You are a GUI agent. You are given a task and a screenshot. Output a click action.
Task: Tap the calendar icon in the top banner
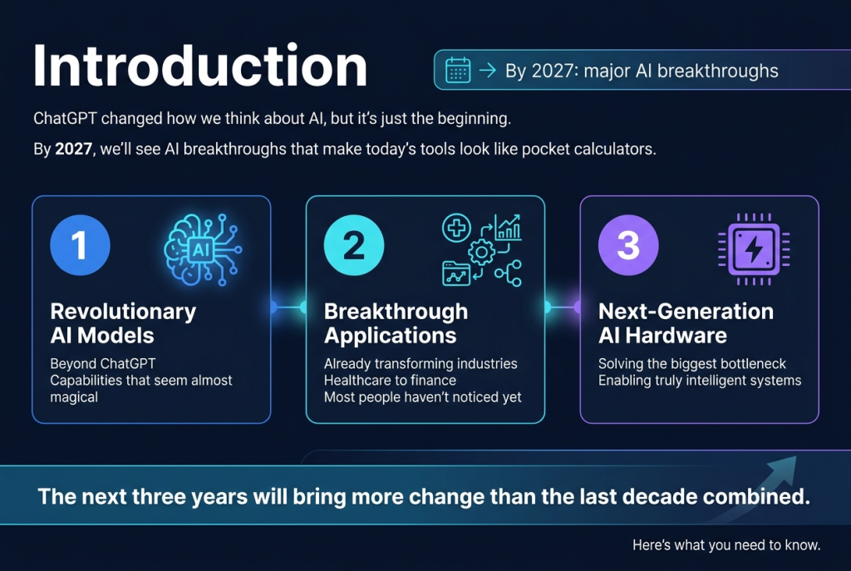458,70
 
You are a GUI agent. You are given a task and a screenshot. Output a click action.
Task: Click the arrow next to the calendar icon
487,70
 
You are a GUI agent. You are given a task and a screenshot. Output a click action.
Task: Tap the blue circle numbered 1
80,247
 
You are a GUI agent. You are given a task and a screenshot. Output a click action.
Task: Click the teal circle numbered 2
354,247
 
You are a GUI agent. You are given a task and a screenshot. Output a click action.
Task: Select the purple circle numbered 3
628,247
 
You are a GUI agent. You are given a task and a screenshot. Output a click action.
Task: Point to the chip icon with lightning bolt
754,249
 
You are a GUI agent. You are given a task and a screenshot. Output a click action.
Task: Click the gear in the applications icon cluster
481,252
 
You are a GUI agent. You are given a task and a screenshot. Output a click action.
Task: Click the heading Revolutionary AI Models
123,323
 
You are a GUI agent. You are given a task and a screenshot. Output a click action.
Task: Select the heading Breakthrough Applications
396,323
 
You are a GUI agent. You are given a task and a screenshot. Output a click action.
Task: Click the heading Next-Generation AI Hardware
686,323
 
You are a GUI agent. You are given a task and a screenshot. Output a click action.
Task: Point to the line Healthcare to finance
390,380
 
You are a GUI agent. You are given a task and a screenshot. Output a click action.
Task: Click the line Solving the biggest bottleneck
691,363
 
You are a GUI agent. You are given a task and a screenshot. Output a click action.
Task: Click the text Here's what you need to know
726,545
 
